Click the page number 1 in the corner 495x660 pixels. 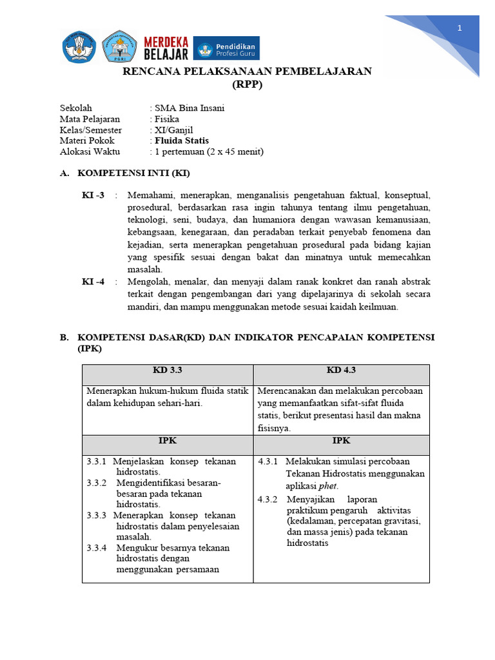coord(460,28)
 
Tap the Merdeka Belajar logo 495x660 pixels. coord(166,48)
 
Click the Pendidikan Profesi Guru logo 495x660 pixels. coord(226,48)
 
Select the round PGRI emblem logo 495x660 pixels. coord(119,46)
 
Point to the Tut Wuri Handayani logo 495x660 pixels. coord(79,46)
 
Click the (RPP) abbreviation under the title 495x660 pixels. coord(247,84)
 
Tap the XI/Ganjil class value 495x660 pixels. coord(169,130)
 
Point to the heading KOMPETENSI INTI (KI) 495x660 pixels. coord(133,173)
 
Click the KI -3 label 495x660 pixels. coord(93,195)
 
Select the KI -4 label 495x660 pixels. coord(93,282)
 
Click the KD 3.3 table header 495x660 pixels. coord(168,370)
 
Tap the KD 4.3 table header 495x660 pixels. coord(341,370)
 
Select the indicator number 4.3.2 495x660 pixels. coord(267,500)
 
